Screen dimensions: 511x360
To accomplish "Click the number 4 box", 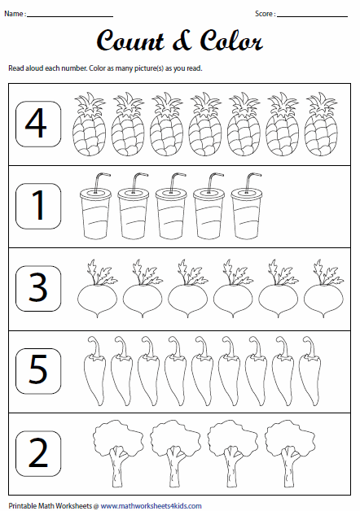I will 37,124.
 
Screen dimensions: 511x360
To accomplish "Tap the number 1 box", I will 37,206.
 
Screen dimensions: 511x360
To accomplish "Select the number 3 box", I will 37,289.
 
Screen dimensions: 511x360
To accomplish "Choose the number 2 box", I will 37,453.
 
